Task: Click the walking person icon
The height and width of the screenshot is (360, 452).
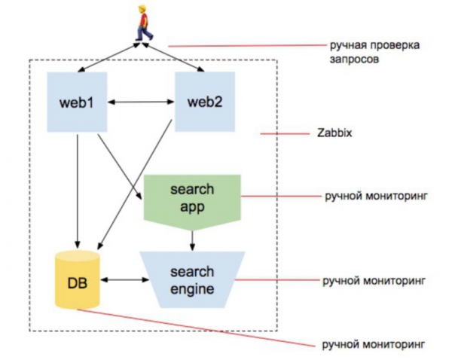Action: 142,23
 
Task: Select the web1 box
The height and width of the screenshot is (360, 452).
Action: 76,102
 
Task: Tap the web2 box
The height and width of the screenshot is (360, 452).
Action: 204,102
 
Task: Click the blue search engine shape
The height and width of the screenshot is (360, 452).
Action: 193,279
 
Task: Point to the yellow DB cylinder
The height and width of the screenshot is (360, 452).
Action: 78,281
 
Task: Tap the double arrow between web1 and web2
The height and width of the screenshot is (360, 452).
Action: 140,102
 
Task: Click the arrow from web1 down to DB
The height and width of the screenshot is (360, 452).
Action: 77,188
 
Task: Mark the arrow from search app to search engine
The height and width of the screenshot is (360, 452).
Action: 193,237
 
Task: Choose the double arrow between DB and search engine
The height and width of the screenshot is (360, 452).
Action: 124,279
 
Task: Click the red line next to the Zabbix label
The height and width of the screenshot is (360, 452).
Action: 279,134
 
